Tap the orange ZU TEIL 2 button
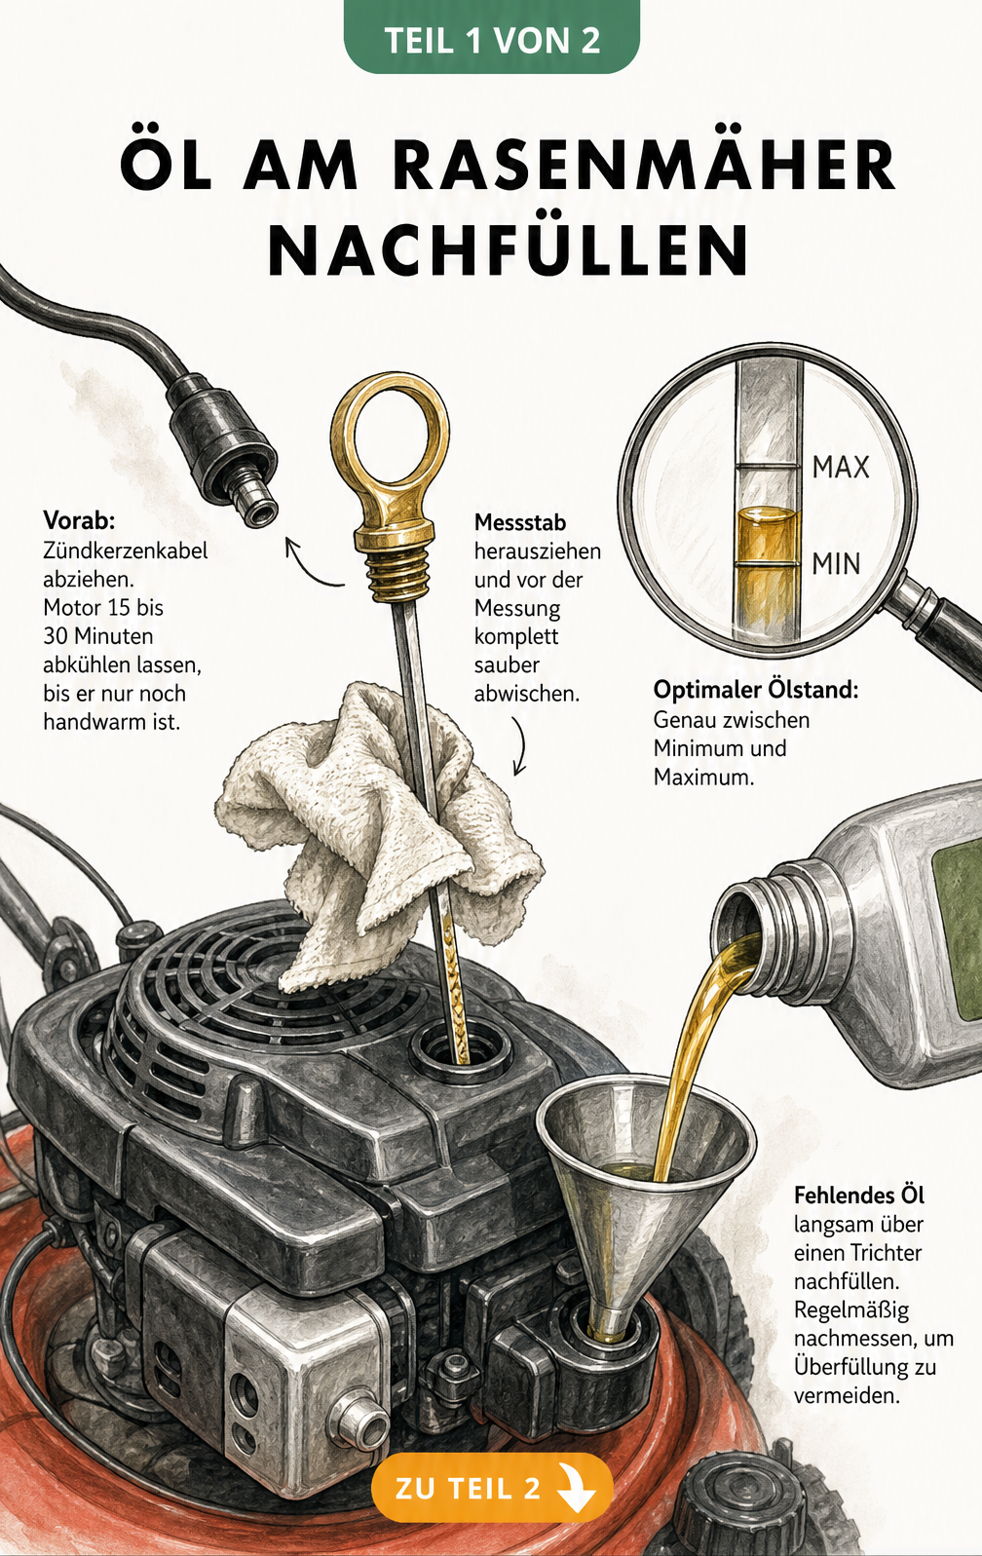click(x=492, y=1487)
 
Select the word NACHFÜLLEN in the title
click(x=510, y=248)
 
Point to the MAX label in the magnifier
click(x=841, y=468)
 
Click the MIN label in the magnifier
click(x=836, y=563)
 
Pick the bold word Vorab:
click(x=79, y=519)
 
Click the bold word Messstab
click(x=519, y=522)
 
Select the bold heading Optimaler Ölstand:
click(x=756, y=690)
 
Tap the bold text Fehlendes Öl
click(x=859, y=1195)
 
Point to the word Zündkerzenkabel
click(x=125, y=550)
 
